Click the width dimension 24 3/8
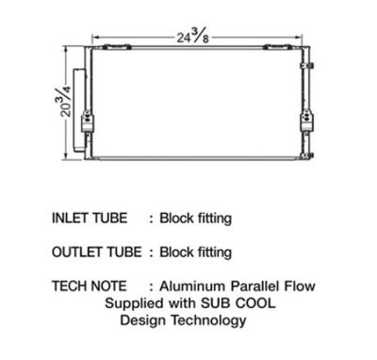click(x=192, y=36)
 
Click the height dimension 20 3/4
click(x=64, y=101)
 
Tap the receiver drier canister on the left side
click(x=79, y=110)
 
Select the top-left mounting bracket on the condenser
click(x=117, y=47)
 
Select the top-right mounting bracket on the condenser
click(x=276, y=47)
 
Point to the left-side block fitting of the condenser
click(x=88, y=122)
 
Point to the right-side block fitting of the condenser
click(x=306, y=122)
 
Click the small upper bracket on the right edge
click(x=307, y=66)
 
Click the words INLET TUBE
click(x=90, y=218)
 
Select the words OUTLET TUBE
click(x=97, y=252)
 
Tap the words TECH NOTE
click(x=90, y=286)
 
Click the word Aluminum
click(x=192, y=286)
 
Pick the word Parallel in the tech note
click(x=254, y=286)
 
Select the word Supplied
click(x=135, y=304)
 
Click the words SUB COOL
click(x=238, y=303)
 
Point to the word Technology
click(x=208, y=321)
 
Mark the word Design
click(x=143, y=321)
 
